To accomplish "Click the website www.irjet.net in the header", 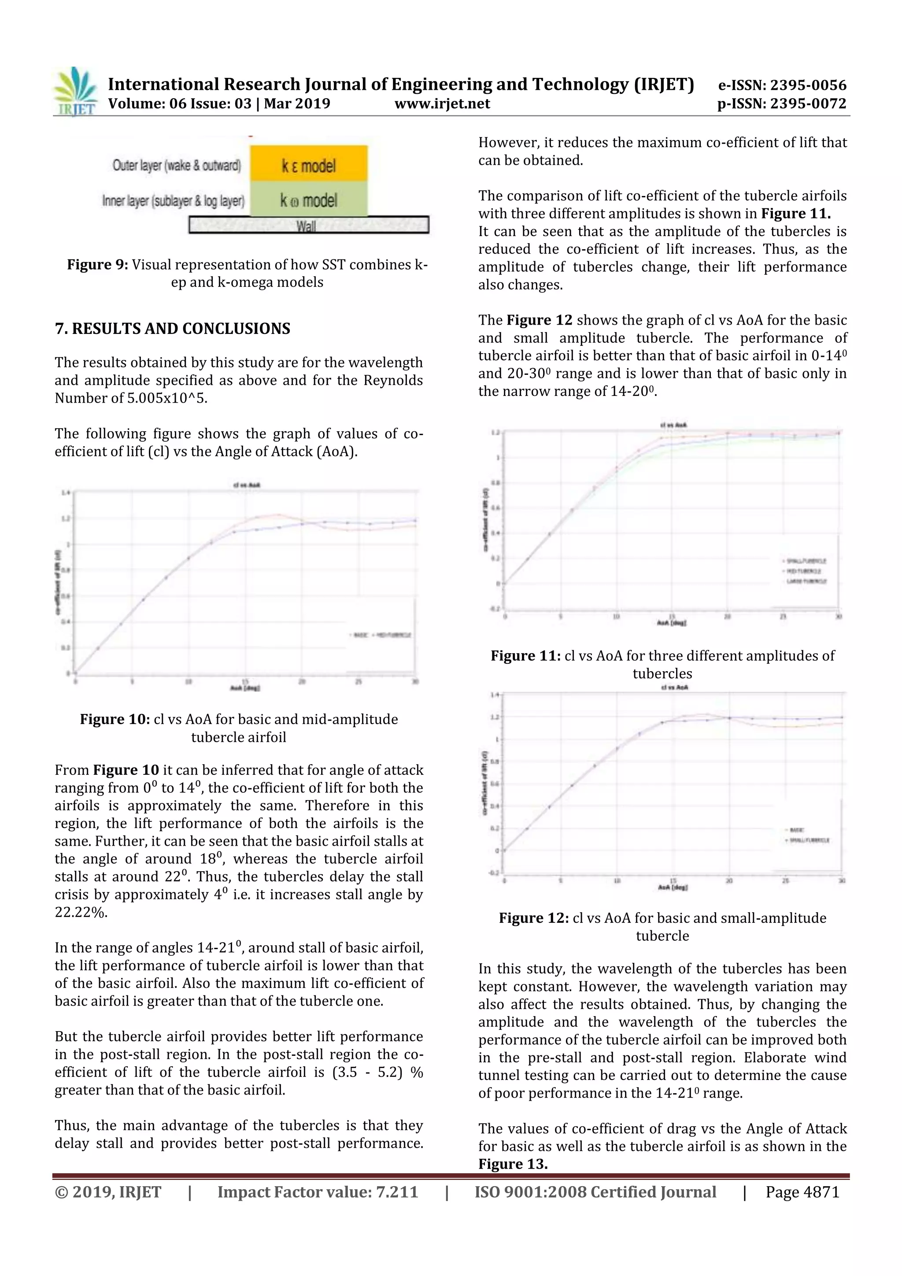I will coord(442,104).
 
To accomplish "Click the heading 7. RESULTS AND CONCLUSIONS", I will coord(172,329).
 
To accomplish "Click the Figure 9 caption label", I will coord(97,265).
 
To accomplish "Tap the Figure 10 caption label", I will coord(115,719).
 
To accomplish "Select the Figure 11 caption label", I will coord(525,656).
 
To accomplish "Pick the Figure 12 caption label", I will coord(533,918).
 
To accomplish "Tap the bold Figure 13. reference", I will coord(512,1164).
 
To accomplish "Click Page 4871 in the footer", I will coord(802,1192).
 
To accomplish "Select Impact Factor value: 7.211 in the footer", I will coord(318,1192).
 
